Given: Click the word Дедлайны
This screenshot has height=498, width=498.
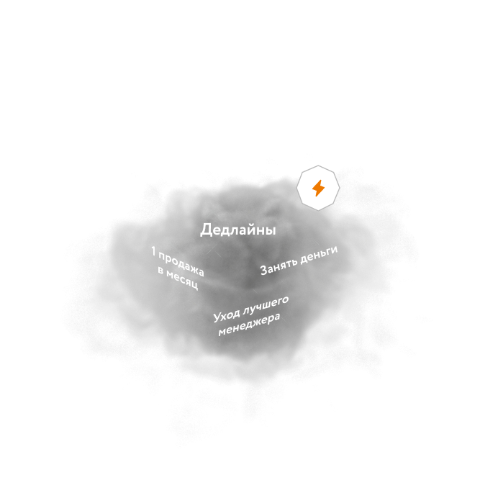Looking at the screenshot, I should (x=238, y=230).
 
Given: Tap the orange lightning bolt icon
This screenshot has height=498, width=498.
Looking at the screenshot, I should (x=318, y=189).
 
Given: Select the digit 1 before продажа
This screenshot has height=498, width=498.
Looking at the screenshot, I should (x=154, y=250).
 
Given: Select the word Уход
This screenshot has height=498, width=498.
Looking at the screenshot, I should (x=226, y=315).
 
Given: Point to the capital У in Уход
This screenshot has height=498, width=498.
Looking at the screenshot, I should (x=217, y=318).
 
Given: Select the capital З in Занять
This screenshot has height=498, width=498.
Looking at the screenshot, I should (x=264, y=271).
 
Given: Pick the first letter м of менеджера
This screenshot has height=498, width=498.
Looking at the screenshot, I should (x=222, y=334).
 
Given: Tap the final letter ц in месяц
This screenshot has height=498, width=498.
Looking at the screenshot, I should (x=195, y=286).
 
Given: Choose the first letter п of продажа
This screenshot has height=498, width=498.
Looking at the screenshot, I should (x=163, y=255).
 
